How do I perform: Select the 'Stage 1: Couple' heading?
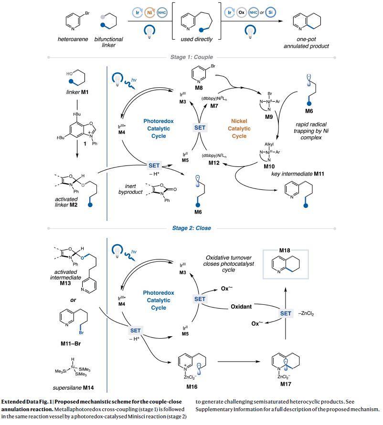pyautogui.click(x=191, y=57)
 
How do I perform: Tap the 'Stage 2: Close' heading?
pyautogui.click(x=191, y=228)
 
